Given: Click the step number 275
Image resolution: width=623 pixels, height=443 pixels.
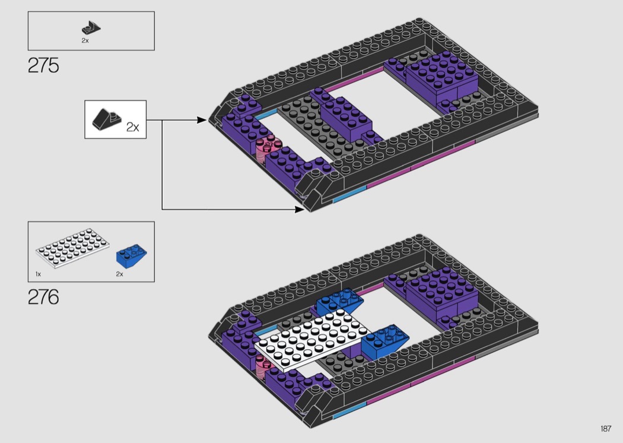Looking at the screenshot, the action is pos(43,65).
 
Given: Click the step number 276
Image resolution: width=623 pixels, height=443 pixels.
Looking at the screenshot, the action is pos(43,297).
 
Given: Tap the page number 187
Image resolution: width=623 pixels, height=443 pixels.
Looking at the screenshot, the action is pos(606,428).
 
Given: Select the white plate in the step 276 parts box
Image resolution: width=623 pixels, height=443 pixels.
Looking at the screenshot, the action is pos(73,248).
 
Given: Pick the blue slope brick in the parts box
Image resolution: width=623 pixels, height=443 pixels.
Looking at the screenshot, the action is pos(131,256).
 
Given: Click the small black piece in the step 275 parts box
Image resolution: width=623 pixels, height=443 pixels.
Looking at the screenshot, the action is pos(91,27).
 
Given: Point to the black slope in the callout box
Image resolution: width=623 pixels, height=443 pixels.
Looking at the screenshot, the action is pos(106,119).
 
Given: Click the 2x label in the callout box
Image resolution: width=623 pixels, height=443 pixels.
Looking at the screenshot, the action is pos(133,127).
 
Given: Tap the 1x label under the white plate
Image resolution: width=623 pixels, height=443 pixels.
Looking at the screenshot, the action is pos(38,274).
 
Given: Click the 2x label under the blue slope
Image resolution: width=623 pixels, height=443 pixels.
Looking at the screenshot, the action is pos(120,274).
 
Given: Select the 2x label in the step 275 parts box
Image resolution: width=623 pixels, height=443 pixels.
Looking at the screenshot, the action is pos(85,40).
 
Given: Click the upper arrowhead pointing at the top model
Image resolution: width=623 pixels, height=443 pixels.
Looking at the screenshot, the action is pos(202,120).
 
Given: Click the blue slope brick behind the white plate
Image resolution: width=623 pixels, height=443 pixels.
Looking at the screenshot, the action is pos(339,301).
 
